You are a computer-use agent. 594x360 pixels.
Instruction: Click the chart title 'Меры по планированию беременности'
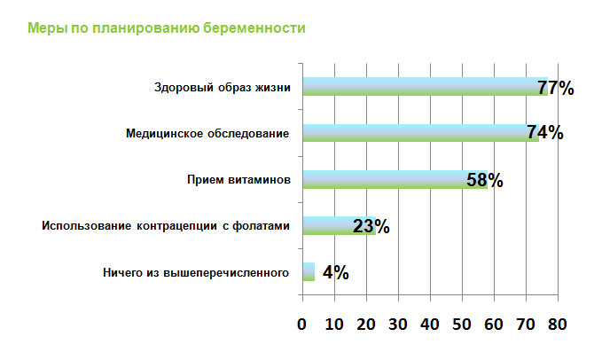168,28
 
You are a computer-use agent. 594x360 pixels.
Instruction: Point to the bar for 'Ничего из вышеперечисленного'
309,271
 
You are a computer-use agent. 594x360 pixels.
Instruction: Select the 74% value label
544,132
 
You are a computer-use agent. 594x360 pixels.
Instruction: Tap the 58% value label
485,180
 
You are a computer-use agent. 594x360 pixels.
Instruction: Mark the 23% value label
371,225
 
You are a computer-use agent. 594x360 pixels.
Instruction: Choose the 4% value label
334,272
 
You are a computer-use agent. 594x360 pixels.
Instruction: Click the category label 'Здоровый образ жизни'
222,87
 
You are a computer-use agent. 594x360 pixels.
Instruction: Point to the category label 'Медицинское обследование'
207,133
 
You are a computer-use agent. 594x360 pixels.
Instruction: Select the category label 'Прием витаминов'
238,179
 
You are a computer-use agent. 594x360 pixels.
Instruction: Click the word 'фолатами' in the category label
261,225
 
